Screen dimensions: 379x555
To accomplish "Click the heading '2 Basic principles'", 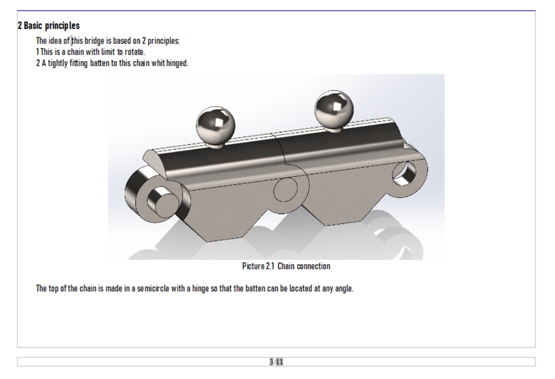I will point(49,26).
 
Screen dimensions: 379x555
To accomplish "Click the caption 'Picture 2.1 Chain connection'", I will point(286,266).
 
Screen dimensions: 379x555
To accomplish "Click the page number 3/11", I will point(276,362).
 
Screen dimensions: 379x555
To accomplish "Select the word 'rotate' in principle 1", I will point(134,52).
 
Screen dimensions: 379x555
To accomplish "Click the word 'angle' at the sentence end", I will point(343,289).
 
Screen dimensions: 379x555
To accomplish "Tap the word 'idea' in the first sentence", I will point(55,41).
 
